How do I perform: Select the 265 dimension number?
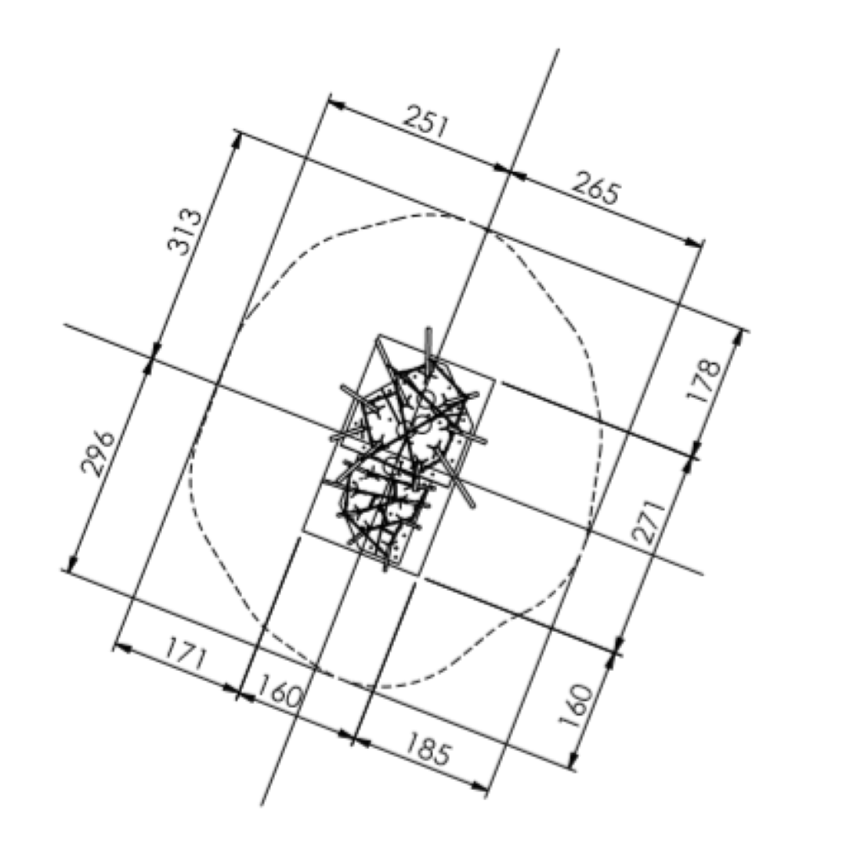[x=596, y=189]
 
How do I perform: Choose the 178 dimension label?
[x=704, y=380]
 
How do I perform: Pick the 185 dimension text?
[x=428, y=750]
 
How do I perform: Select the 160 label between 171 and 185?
[x=280, y=693]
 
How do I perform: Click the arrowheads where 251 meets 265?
[x=508, y=171]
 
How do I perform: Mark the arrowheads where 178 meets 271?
[x=694, y=454]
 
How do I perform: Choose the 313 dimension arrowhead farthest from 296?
[x=237, y=140]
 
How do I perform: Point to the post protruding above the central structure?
[x=428, y=344]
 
